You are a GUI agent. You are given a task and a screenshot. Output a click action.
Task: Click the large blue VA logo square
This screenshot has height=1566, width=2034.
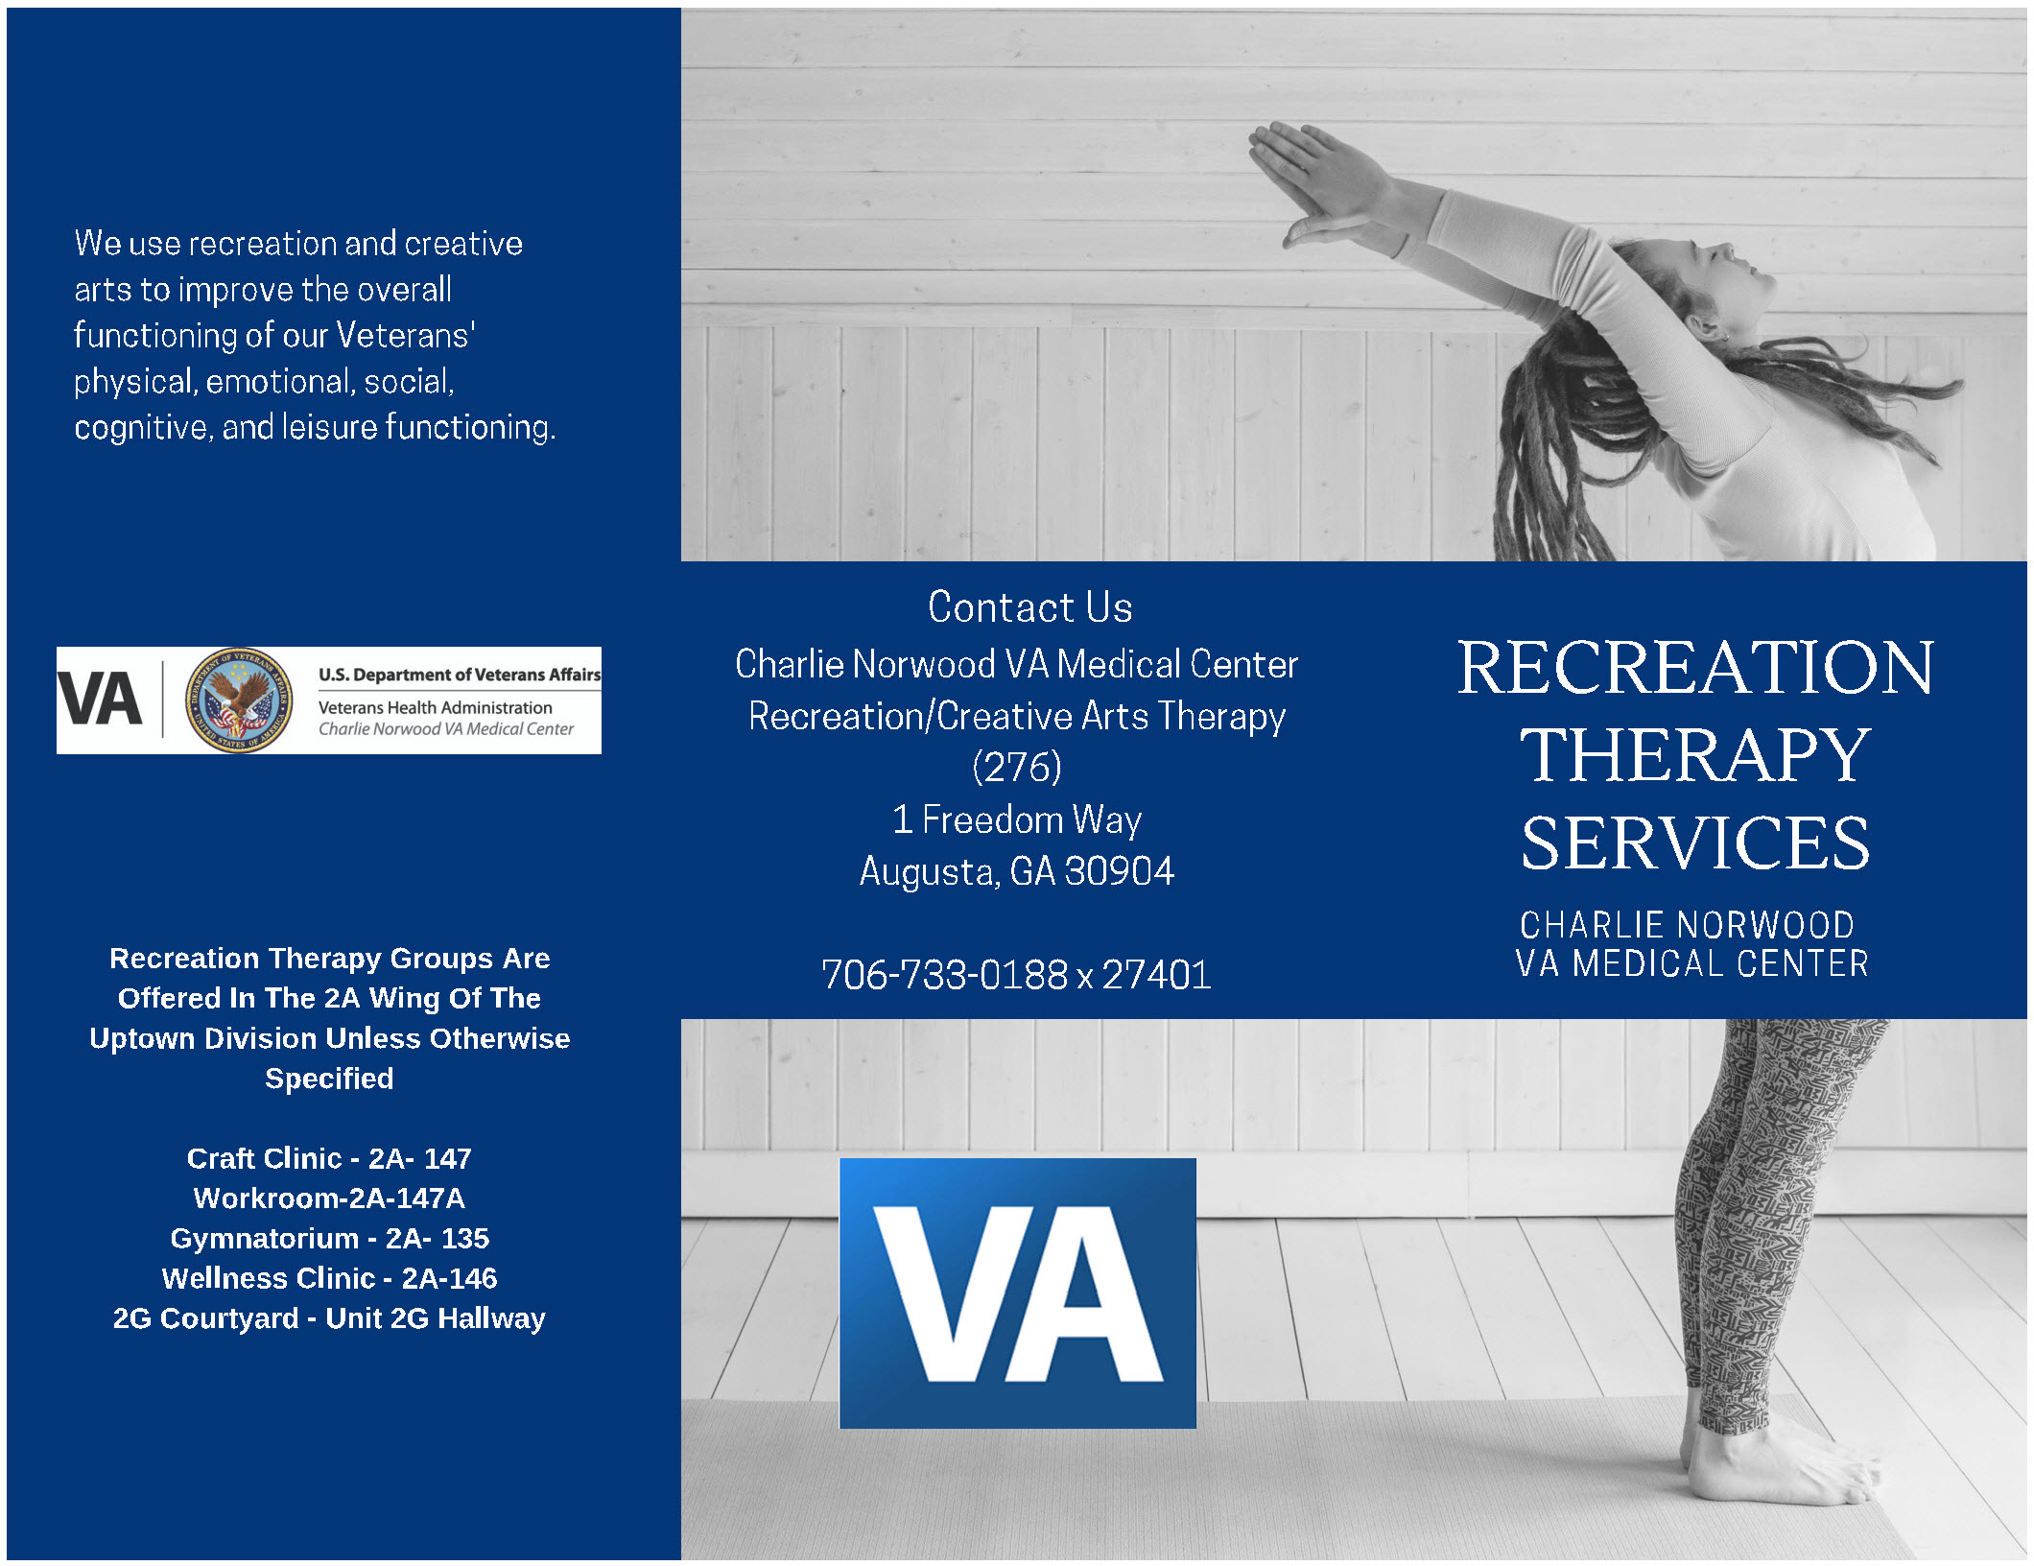click(x=1017, y=1293)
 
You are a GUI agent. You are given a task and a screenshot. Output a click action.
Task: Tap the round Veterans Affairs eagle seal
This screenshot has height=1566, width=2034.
click(x=240, y=700)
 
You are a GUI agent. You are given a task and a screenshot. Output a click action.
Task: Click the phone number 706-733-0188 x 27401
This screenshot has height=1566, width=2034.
click(x=1016, y=975)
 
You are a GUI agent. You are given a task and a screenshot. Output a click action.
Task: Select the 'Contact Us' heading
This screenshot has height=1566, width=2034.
click(x=1029, y=607)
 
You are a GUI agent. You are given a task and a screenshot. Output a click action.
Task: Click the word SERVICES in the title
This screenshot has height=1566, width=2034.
click(x=1695, y=842)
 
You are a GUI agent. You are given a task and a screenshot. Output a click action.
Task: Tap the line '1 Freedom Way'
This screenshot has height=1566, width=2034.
click(x=1017, y=819)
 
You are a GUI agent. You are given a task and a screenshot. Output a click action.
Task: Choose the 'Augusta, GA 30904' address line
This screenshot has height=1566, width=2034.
click(x=1017, y=871)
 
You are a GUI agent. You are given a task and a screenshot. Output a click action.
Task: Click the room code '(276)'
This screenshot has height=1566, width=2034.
click(x=1017, y=767)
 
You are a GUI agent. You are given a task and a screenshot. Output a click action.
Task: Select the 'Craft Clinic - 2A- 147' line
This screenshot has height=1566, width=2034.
click(x=329, y=1158)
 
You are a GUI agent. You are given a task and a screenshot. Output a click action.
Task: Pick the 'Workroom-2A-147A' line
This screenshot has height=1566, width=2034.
click(x=329, y=1198)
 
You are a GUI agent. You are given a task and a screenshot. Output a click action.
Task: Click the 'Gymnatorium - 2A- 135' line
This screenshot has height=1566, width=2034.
click(x=329, y=1238)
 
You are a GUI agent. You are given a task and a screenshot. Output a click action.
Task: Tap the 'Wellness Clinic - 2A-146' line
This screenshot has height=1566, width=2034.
click(x=329, y=1278)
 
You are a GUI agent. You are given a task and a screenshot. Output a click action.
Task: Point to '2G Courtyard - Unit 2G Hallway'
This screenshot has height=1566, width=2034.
click(x=329, y=1318)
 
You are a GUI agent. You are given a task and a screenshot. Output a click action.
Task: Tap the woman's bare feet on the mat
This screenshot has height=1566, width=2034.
click(x=1775, y=1468)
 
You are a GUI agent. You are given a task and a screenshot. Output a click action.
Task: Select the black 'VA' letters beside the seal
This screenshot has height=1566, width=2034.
click(x=100, y=699)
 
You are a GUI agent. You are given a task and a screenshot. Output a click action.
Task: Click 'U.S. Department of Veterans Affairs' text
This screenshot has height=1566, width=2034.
click(x=460, y=675)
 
